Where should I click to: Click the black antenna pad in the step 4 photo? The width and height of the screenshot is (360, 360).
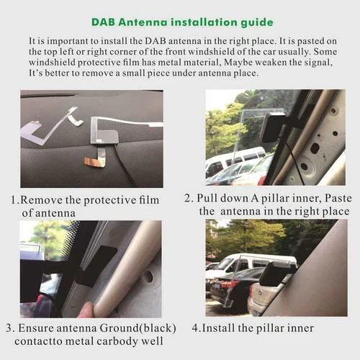pos(276,274)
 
